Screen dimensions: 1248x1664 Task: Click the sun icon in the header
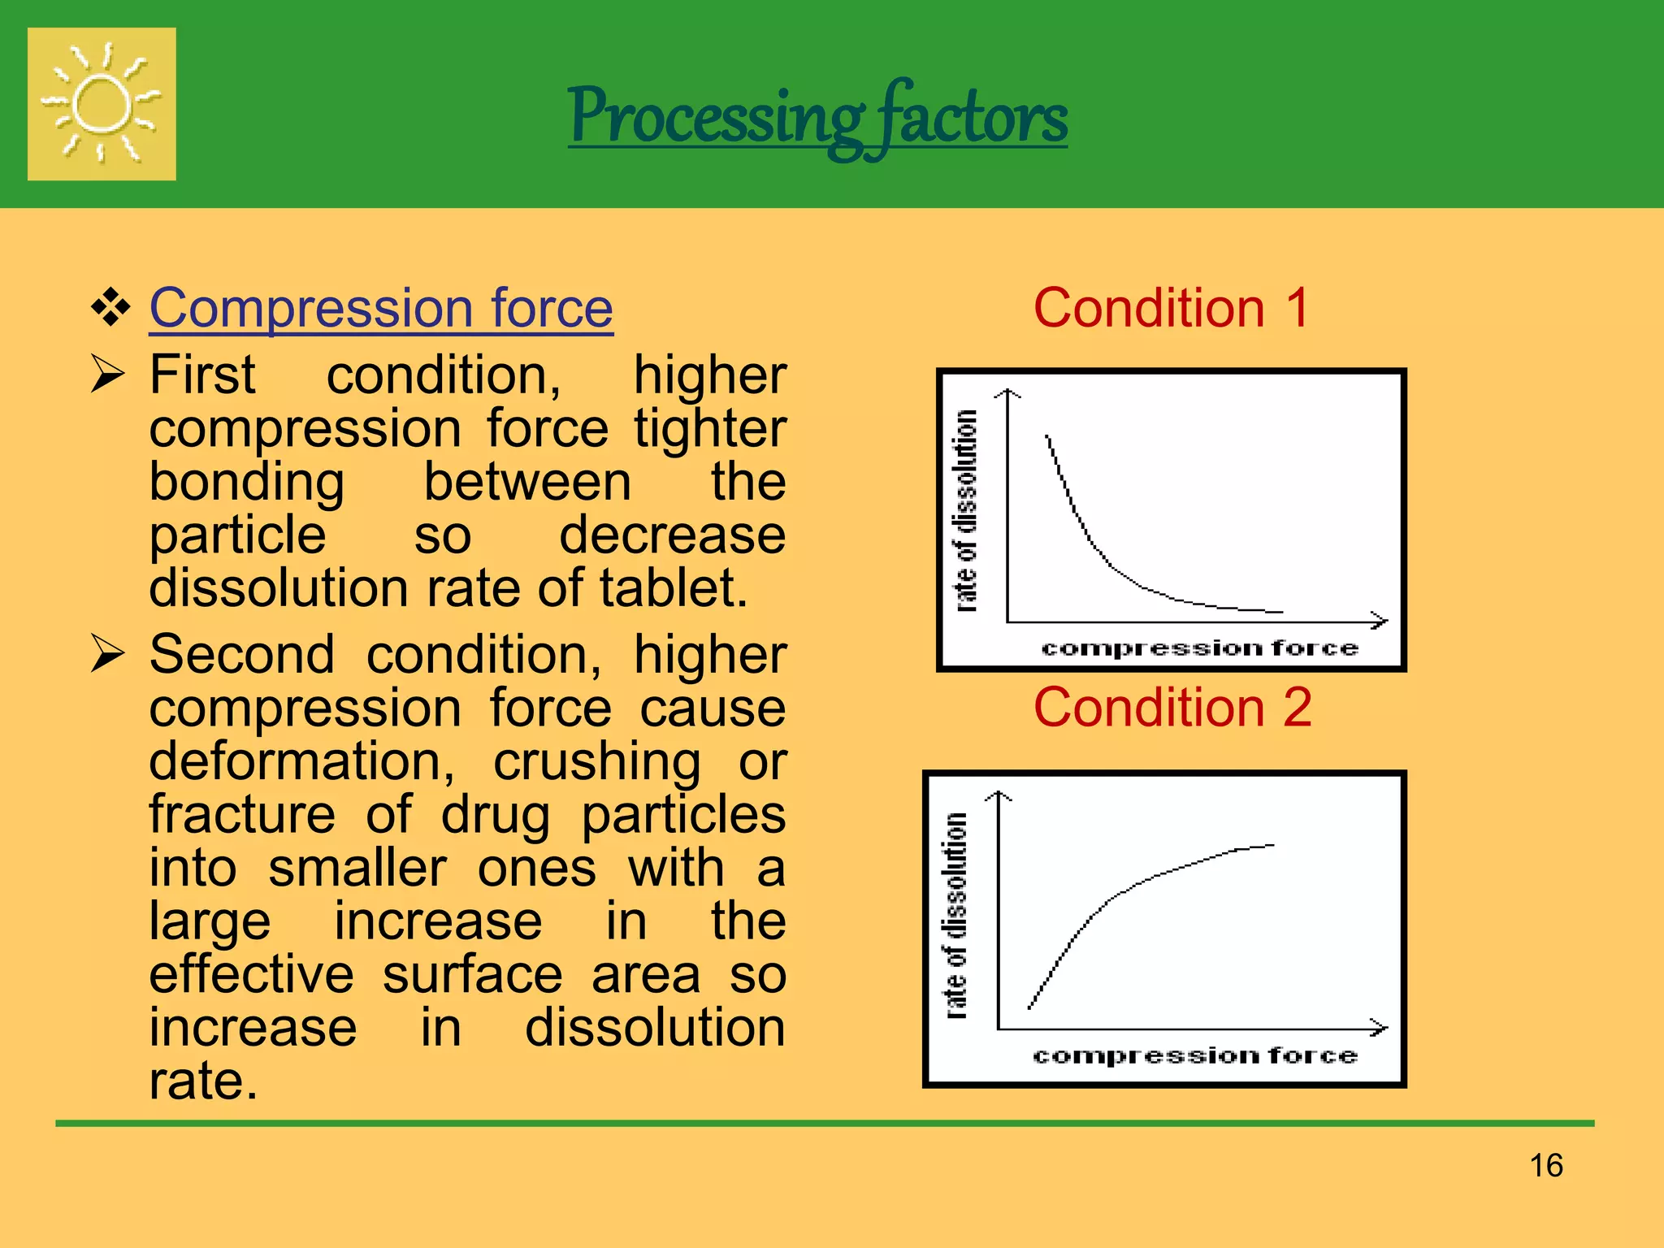point(102,104)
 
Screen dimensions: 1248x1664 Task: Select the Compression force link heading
point(381,308)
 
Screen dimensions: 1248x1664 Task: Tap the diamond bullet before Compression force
point(110,308)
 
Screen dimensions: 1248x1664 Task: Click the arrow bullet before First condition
point(107,375)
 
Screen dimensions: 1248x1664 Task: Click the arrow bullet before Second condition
point(107,654)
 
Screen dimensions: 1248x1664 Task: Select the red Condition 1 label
point(1171,308)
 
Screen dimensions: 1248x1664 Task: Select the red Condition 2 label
point(1172,707)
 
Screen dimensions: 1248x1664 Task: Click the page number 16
point(1545,1165)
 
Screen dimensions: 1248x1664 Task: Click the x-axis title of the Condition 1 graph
point(1199,648)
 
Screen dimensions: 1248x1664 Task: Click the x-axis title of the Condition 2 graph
point(1194,1055)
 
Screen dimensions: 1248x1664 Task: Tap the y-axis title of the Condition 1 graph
point(965,510)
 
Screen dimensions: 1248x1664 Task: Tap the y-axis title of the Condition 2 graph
point(956,915)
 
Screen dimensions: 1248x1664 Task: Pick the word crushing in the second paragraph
point(597,761)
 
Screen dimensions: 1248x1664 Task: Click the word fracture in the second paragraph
point(241,814)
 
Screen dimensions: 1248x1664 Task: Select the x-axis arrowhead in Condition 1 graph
point(1380,621)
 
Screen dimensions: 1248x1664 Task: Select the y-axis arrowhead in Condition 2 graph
point(999,797)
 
